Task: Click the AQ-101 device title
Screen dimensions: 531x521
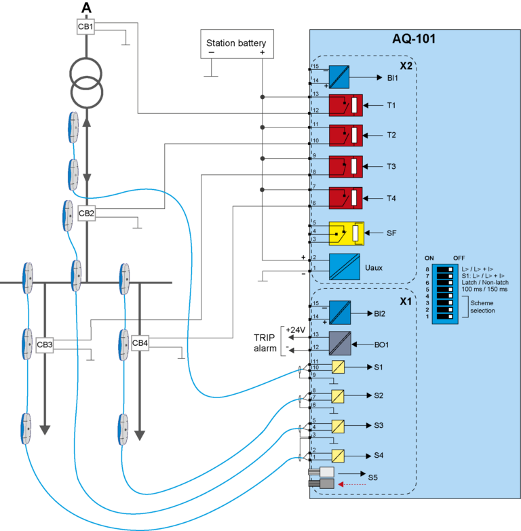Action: [414, 39]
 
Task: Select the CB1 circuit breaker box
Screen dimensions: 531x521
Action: [86, 27]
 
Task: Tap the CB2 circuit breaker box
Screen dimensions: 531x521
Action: [87, 214]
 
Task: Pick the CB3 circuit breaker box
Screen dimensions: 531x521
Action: [45, 345]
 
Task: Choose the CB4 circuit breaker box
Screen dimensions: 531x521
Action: [140, 343]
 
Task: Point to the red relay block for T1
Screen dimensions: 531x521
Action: [345, 106]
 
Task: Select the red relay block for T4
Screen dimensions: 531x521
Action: [345, 198]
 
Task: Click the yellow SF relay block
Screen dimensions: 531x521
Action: [346, 233]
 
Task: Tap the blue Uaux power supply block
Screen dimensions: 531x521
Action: [345, 267]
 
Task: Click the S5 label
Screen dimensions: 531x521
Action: [373, 477]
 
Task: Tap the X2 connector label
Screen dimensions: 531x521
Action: [406, 66]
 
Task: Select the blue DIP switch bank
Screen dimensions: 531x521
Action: [446, 292]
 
